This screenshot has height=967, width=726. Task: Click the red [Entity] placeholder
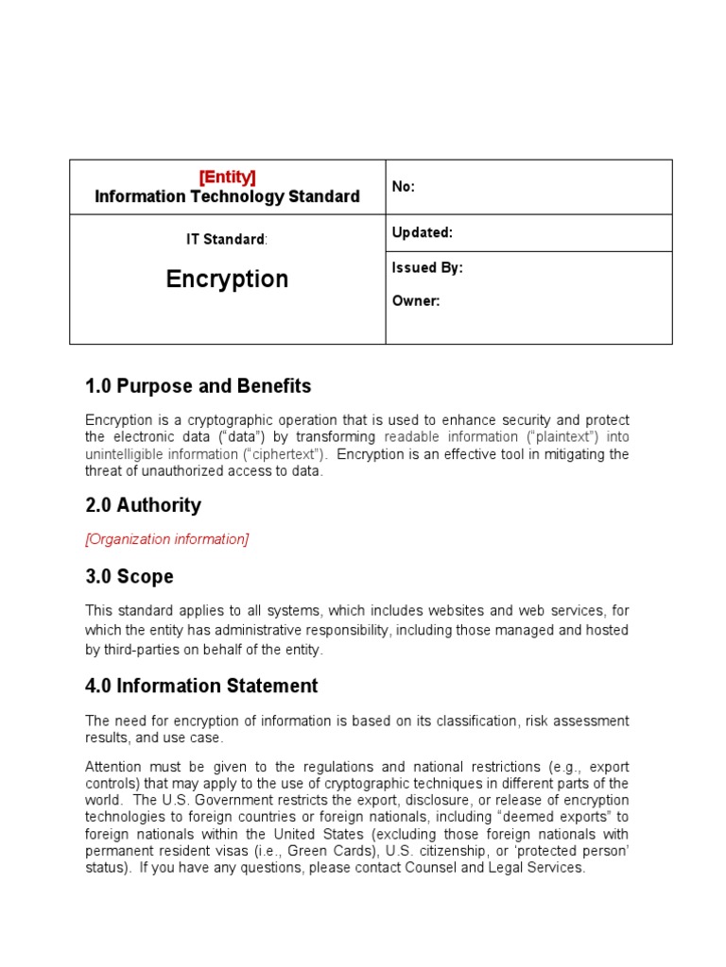point(227,177)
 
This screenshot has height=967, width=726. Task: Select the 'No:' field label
point(404,187)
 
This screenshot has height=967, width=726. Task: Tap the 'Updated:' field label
point(423,232)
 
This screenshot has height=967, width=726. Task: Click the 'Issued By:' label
point(427,267)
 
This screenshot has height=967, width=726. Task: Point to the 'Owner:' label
point(416,301)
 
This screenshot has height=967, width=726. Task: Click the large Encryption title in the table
point(227,279)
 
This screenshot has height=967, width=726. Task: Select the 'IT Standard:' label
point(227,239)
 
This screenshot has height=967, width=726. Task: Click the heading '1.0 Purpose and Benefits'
point(198,386)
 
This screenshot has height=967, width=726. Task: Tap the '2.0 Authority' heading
point(143,505)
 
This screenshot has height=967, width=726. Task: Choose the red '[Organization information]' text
point(167,539)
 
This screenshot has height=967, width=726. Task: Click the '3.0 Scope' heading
point(130,576)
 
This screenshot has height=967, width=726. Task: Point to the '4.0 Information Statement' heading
point(201,686)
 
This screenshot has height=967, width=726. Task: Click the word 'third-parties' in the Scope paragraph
point(143,649)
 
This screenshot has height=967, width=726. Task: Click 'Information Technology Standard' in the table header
point(227,196)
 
